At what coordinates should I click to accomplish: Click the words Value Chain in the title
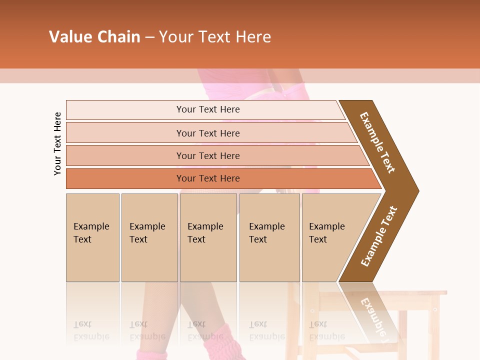click(94, 37)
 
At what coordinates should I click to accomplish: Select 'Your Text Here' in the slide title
click(215, 37)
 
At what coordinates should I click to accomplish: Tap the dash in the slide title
click(149, 37)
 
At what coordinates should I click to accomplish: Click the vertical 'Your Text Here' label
click(57, 143)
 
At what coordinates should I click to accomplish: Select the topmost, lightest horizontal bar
click(207, 109)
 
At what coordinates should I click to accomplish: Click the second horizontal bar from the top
click(207, 133)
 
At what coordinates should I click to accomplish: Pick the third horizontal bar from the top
click(207, 155)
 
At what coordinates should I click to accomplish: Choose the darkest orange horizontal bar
click(207, 178)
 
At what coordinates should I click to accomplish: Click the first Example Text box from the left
click(92, 237)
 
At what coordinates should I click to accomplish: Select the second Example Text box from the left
click(149, 237)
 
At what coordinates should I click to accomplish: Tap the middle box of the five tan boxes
click(208, 237)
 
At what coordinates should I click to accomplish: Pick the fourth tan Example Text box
click(269, 237)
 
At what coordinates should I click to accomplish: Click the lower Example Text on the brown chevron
click(379, 236)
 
